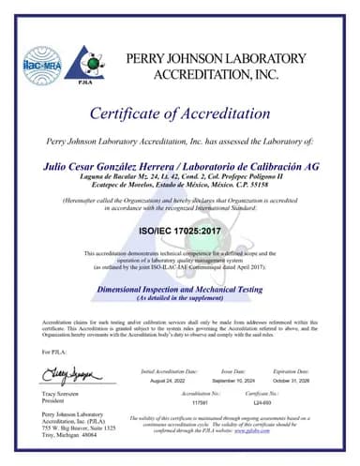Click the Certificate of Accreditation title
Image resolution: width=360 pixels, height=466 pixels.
point(180,113)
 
